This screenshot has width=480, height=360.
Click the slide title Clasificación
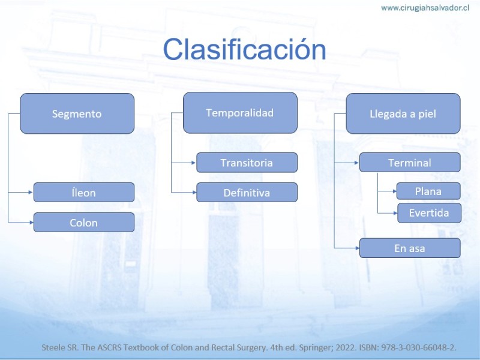tap(245, 49)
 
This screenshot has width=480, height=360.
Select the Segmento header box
tap(77, 113)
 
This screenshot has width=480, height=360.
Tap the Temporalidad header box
tap(241, 113)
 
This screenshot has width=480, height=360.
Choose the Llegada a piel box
tap(403, 113)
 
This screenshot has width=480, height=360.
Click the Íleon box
tap(84, 192)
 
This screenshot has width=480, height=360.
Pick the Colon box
tap(84, 222)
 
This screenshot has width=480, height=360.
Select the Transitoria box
tap(247, 163)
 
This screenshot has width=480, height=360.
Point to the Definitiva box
tap(247, 192)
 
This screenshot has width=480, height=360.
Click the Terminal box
tap(410, 162)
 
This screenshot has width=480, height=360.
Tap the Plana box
tap(428, 191)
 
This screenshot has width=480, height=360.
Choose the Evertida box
tap(429, 213)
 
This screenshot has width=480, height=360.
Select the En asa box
tap(410, 248)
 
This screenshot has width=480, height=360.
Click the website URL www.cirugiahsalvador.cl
tap(425, 8)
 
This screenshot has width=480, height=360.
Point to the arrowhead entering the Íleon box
tap(31, 192)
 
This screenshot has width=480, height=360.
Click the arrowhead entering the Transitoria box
tap(193, 163)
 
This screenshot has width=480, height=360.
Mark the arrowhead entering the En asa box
tap(356, 248)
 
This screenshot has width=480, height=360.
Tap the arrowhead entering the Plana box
tap(395, 191)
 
